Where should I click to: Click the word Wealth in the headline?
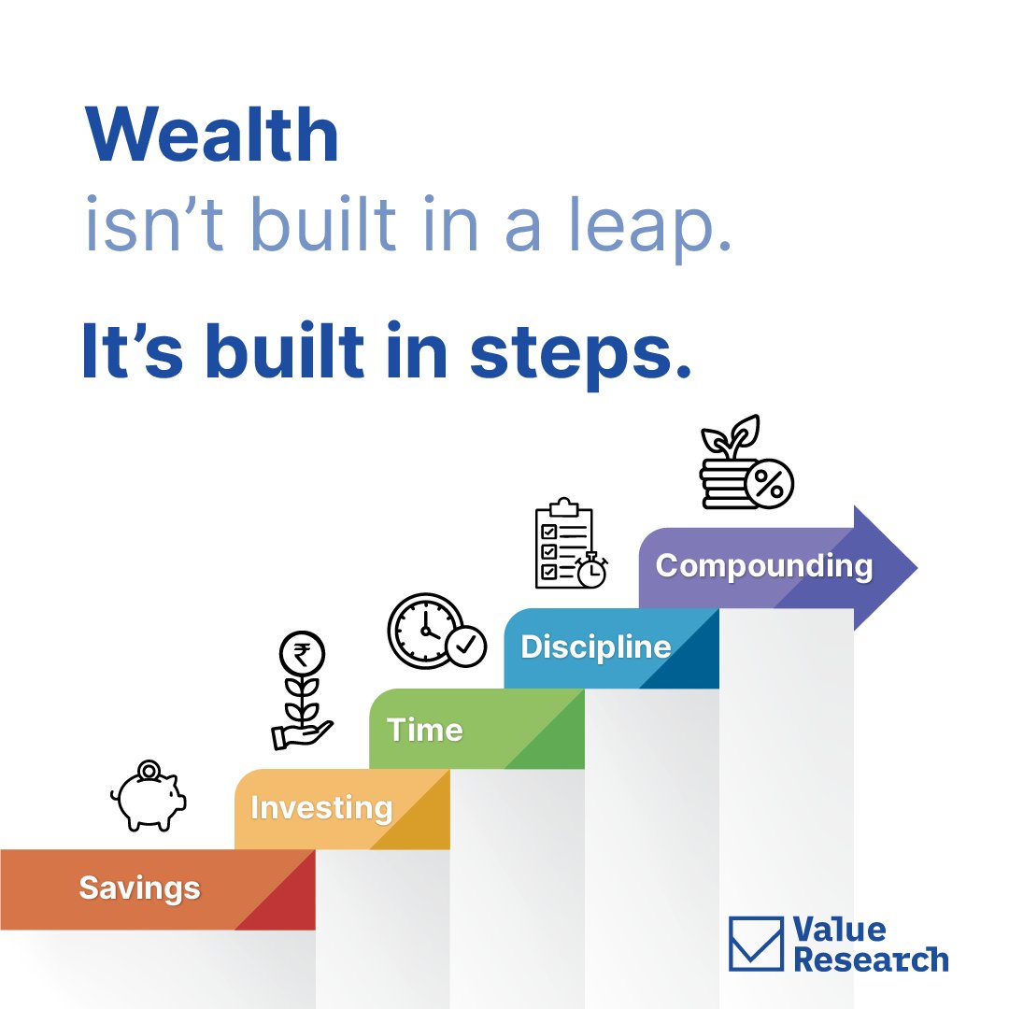tap(212, 136)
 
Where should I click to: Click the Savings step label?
tap(139, 887)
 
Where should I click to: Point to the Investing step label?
tap(321, 807)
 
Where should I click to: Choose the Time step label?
tap(425, 729)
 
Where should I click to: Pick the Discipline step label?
tap(595, 647)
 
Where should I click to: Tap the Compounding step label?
tap(763, 565)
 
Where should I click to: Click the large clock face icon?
tap(424, 630)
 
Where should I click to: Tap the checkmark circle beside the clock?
tap(465, 646)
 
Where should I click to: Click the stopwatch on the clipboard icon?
tap(591, 571)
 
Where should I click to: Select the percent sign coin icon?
tap(770, 484)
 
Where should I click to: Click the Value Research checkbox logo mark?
tap(755, 942)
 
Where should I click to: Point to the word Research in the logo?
tap(871, 959)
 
